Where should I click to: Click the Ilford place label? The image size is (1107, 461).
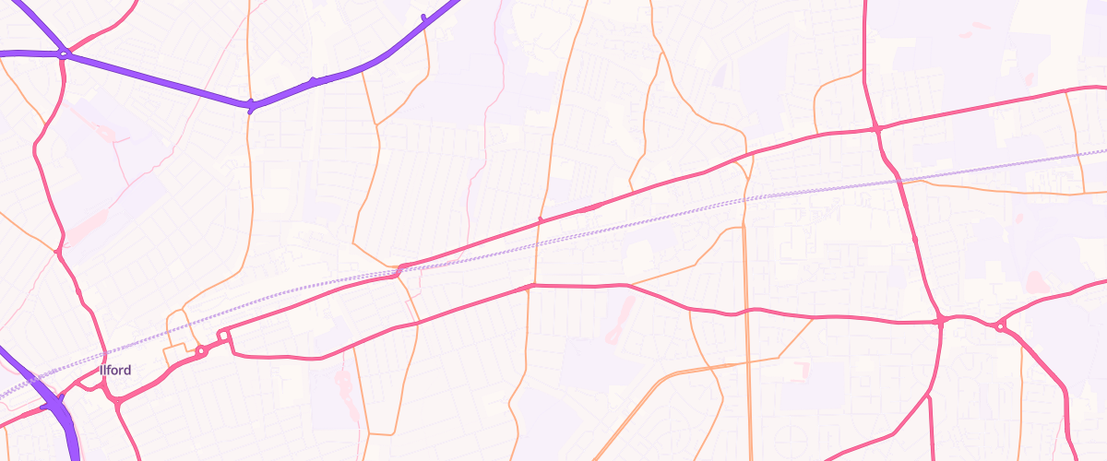115,371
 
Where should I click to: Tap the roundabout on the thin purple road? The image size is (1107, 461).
63,54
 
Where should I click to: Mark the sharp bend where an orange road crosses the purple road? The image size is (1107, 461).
250,105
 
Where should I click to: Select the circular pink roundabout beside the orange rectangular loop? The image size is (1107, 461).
200,350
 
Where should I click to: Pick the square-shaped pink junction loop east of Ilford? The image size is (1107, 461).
222,336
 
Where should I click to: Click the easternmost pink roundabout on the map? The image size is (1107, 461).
1000,325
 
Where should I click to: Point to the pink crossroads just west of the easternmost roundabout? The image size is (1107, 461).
940,321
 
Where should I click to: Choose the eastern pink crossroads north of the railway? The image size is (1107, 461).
875,129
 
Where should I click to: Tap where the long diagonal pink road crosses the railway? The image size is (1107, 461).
400,269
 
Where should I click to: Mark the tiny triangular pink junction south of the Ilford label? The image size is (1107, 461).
117,401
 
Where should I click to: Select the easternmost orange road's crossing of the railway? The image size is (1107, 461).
1082,152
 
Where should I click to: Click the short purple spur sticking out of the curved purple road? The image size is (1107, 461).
423,18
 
